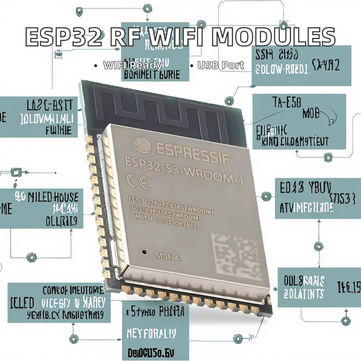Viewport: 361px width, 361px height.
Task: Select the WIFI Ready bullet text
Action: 133,65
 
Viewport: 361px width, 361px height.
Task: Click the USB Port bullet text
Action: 221,65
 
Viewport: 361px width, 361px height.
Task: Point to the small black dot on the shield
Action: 144,252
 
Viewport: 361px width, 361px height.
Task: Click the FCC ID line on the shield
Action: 171,206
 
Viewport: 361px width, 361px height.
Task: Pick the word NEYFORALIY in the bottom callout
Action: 151,333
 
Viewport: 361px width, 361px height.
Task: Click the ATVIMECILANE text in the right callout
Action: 306,208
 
